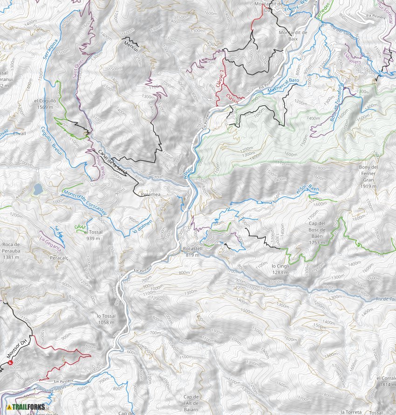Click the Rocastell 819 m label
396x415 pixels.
coord(192,252)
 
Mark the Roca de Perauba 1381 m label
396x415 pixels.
coord(10,251)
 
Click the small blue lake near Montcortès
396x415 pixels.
coord(37,189)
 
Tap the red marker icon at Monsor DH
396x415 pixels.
coord(10,362)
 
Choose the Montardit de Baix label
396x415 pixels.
coord(292,36)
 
